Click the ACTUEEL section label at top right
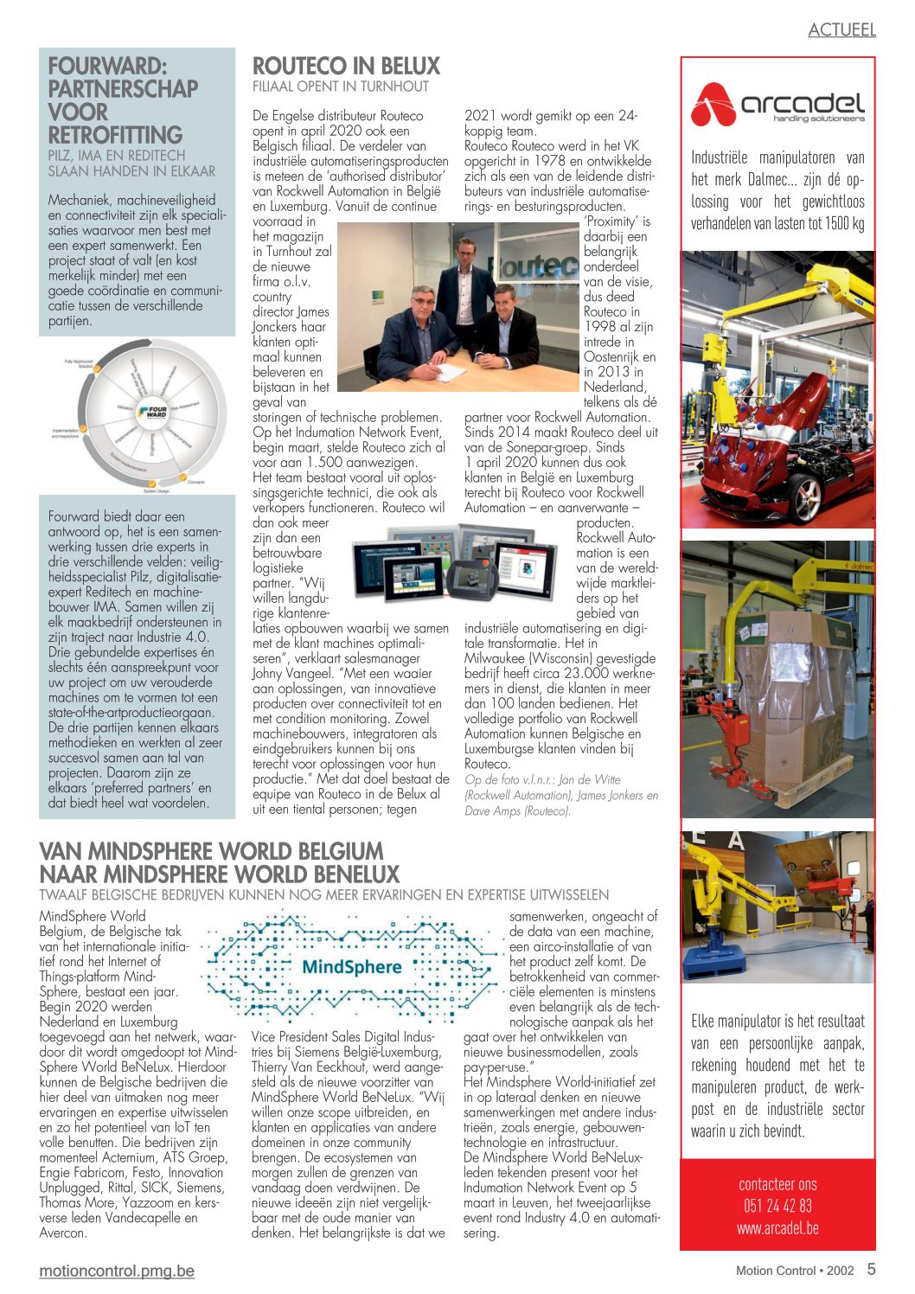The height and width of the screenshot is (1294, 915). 841,30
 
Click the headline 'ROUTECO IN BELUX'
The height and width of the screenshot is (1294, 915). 346,67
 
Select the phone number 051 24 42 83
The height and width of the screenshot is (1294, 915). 777,1206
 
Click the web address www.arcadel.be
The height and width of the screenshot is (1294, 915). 777,1227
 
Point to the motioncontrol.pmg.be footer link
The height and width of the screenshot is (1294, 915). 117,1271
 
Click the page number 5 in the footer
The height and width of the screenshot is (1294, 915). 871,1270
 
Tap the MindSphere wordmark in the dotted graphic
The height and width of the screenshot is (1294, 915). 351,966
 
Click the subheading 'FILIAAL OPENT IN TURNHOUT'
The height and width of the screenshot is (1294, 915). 340,86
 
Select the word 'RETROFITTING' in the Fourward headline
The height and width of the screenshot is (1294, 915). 115,135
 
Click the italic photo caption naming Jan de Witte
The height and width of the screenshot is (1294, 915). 560,795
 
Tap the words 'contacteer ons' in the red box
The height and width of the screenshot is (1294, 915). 777,1184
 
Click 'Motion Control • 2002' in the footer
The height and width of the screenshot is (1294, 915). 794,1271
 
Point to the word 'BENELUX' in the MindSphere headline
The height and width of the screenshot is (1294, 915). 338,874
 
